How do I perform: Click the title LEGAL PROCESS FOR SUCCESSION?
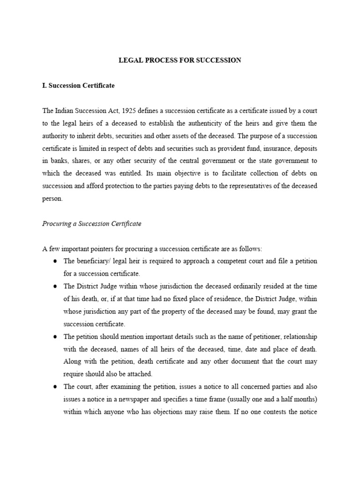[180, 60]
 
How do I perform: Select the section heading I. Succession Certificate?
[78, 86]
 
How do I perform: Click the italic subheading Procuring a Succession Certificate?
[91, 224]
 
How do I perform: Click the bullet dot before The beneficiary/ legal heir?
[55, 261]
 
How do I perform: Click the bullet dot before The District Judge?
[55, 286]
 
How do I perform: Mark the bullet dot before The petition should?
[55, 337]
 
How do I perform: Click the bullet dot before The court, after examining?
[55, 387]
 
